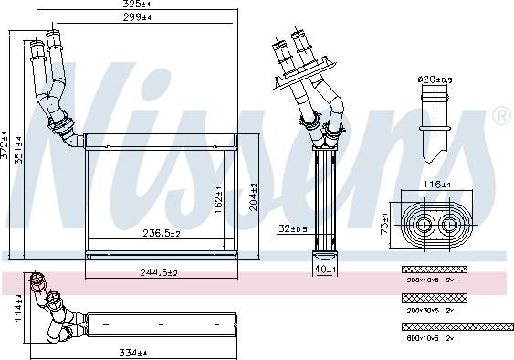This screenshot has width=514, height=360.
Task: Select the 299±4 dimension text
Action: click(138, 17)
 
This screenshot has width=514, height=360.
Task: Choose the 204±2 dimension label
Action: click(254, 197)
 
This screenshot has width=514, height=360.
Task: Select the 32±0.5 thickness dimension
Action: click(292, 228)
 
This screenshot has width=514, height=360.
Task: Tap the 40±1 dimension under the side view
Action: click(325, 270)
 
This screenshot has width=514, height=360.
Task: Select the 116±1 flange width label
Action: click(435, 185)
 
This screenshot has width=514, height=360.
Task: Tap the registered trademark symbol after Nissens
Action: click(501, 116)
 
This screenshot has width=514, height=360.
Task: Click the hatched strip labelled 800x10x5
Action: click(456, 326)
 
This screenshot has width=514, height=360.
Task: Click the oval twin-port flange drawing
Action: click(436, 223)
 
